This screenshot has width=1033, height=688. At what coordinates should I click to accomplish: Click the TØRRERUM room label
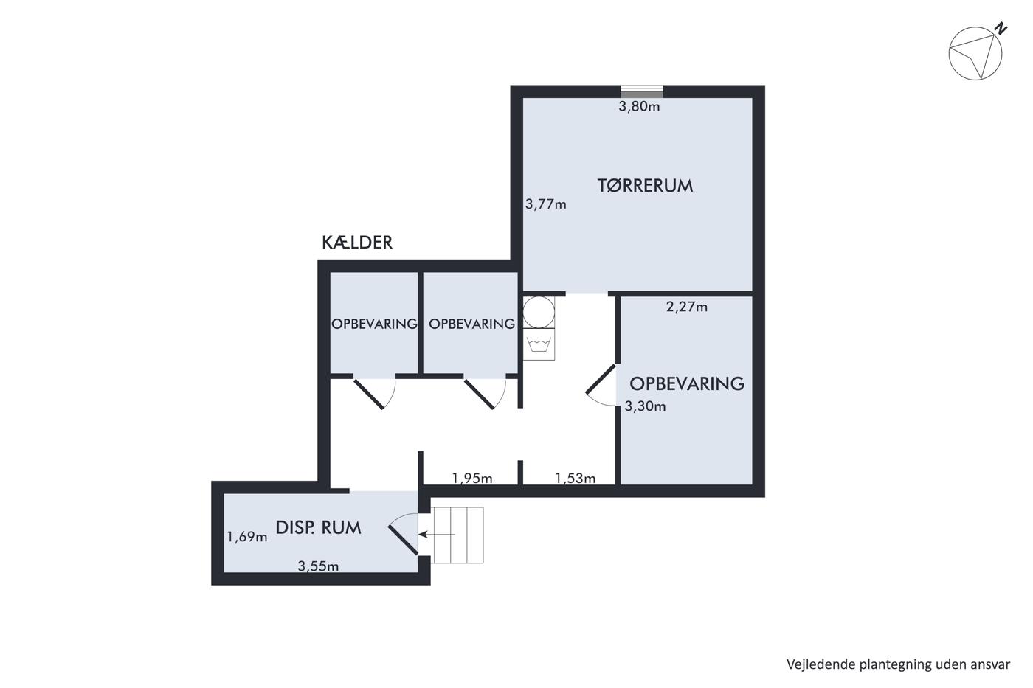(x=645, y=186)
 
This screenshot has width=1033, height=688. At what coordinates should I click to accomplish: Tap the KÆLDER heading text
(x=357, y=243)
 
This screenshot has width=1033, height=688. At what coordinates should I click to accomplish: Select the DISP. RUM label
(x=318, y=528)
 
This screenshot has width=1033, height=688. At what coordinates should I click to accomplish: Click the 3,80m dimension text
(x=639, y=107)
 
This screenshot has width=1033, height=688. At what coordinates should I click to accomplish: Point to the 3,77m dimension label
(x=545, y=204)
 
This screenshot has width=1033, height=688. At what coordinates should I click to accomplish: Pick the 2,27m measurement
(x=687, y=307)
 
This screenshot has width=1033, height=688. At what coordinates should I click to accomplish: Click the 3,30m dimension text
(x=645, y=406)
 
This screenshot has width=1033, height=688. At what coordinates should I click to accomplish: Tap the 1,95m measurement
(x=472, y=479)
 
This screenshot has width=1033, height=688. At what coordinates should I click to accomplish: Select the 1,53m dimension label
(x=575, y=479)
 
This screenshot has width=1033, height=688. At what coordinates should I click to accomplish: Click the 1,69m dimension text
(x=247, y=538)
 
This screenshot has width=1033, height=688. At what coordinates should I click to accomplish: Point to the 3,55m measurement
(x=318, y=566)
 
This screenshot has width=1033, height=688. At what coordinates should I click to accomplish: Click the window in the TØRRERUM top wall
(x=642, y=91)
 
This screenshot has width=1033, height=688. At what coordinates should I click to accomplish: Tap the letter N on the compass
(x=1001, y=29)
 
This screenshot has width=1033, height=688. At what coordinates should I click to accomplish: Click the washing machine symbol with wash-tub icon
(x=539, y=344)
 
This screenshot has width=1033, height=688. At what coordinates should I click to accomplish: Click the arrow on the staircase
(x=437, y=535)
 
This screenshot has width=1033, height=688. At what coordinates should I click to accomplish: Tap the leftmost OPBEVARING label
(x=375, y=324)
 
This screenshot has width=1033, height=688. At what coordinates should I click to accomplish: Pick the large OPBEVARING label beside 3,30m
(x=687, y=384)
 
